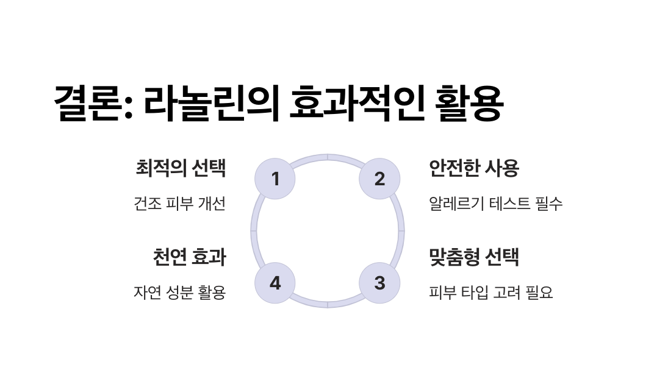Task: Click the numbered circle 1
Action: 275,179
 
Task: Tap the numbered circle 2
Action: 379,179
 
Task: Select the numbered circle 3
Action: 379,283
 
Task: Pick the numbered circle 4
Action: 275,283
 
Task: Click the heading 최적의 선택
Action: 181,168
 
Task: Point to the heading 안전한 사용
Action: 474,168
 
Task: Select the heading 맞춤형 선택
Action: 474,257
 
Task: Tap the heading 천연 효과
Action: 189,257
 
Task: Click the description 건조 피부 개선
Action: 179,204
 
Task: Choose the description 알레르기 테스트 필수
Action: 496,204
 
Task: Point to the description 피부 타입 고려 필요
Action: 491,293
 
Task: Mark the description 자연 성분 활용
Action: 179,293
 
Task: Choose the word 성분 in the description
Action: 179,293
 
